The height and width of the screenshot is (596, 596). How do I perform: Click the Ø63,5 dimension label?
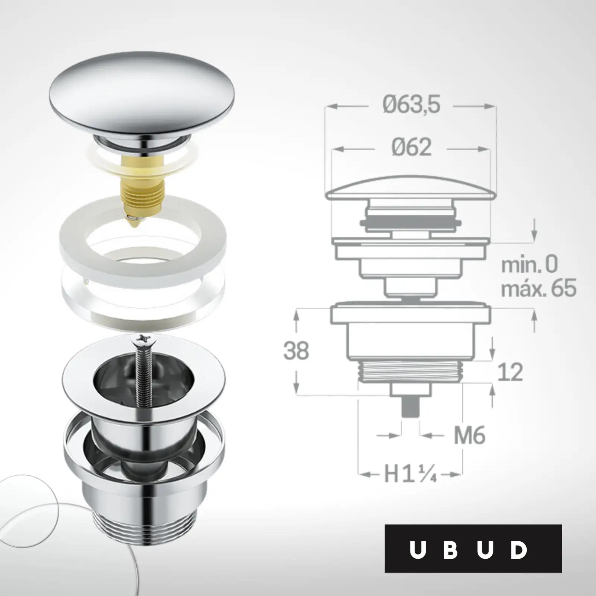tap(411, 104)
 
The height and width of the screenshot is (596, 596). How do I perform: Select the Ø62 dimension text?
tap(412, 147)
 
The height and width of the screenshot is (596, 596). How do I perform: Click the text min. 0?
tap(529, 264)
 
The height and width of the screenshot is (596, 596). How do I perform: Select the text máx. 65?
tap(539, 288)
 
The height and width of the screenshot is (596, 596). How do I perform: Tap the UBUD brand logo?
tap(473, 549)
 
